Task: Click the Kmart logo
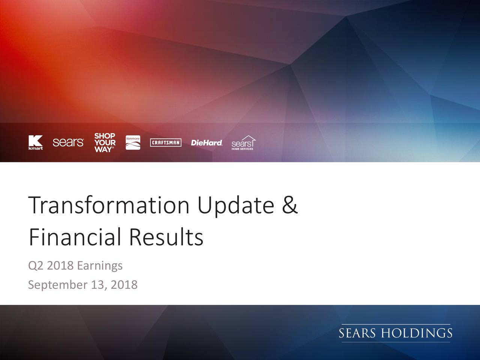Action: (35, 142)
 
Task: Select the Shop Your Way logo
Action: (105, 142)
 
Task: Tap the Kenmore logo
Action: (133, 142)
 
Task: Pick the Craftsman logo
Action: (166, 142)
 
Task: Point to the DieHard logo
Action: (207, 143)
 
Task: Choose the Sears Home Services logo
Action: (243, 143)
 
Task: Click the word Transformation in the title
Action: (109, 205)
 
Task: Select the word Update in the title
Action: (236, 206)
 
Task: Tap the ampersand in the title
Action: (290, 205)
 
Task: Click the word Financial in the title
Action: (75, 237)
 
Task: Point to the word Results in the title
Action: (166, 237)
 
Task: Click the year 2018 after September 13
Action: (124, 285)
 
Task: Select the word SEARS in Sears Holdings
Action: (357, 333)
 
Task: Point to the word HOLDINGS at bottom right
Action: (417, 333)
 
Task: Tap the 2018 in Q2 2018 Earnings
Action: (60, 265)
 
